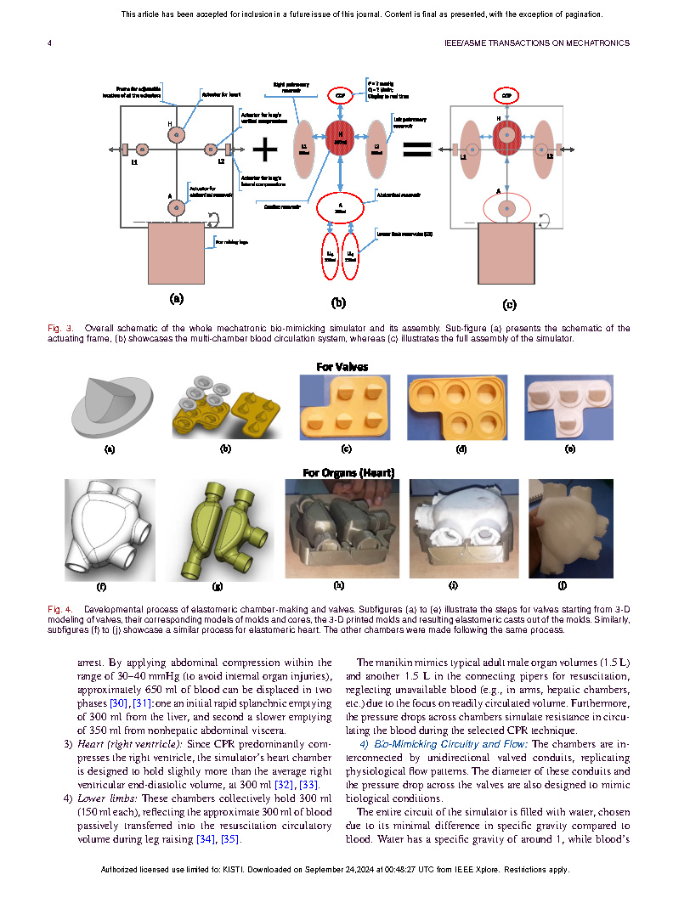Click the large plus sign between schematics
tap(265, 149)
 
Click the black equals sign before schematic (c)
tap(417, 150)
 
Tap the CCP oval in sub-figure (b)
tap(340, 97)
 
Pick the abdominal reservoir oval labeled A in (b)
tap(340, 206)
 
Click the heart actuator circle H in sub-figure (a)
tap(177, 133)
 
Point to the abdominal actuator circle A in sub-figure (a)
tap(177, 206)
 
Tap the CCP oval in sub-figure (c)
tap(506, 97)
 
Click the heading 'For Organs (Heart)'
tap(348, 472)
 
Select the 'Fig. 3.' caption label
tap(59, 328)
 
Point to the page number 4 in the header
tap(48, 42)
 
